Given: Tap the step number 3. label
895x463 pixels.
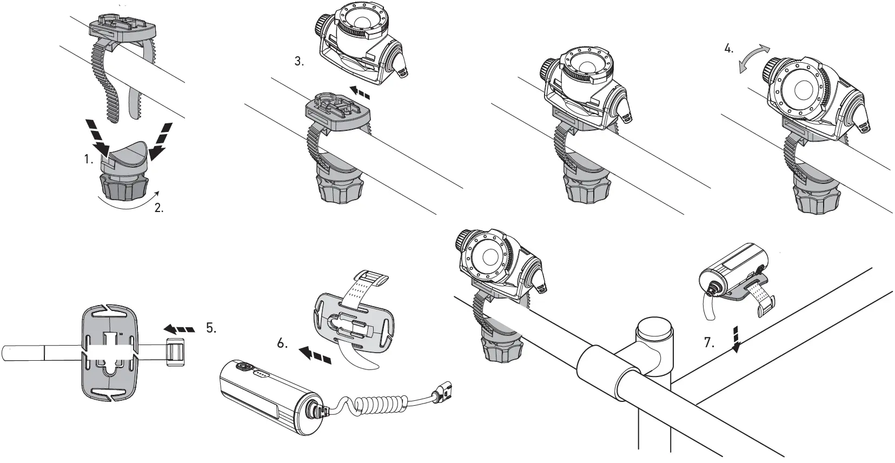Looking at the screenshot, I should (x=299, y=62).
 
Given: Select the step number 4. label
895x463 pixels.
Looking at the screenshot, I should (x=729, y=48).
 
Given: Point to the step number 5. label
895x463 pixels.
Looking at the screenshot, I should (x=211, y=328).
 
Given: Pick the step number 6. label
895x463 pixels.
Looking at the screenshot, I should (x=282, y=343).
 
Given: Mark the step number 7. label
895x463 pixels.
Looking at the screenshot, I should (x=709, y=342).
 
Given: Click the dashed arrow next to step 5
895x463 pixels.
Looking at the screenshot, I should (x=178, y=328).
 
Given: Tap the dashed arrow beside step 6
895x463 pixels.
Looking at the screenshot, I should (x=314, y=355).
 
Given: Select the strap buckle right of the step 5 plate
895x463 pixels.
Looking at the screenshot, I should (x=175, y=353).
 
